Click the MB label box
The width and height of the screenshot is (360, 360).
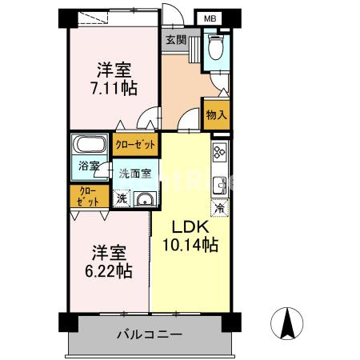[210, 18]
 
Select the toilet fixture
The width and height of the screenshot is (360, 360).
[214, 49]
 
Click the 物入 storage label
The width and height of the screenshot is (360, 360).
[216, 114]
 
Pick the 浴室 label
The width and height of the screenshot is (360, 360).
[89, 166]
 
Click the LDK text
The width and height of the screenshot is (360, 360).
[191, 227]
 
